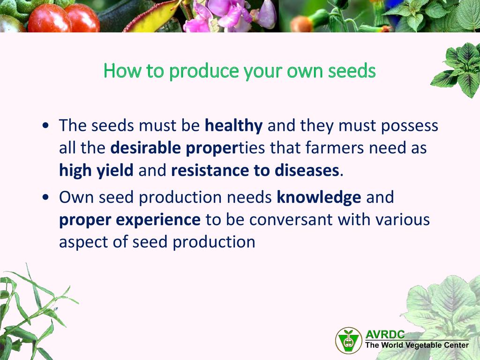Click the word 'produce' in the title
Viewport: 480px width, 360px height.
click(204, 71)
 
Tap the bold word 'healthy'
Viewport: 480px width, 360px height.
click(233, 126)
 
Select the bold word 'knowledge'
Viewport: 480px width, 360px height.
click(319, 197)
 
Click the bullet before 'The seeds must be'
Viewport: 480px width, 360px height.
click(46, 126)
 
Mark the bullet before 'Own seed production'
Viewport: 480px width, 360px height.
click(46, 197)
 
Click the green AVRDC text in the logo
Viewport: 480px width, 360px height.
click(385, 334)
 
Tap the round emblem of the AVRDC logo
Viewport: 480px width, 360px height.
click(349, 341)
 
